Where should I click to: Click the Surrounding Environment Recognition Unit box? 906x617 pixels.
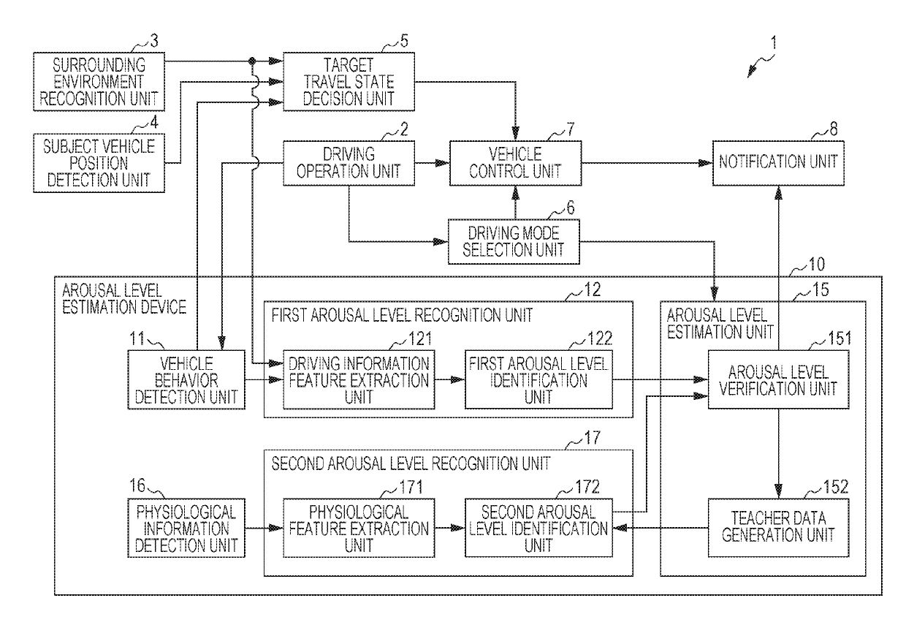pyautogui.click(x=99, y=82)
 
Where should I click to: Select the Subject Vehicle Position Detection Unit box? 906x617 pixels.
pyautogui.click(x=99, y=163)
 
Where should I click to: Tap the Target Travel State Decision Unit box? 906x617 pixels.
pyautogui.click(x=349, y=82)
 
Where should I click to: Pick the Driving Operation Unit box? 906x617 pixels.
pyautogui.click(x=349, y=163)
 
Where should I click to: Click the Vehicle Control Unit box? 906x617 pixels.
pyautogui.click(x=516, y=163)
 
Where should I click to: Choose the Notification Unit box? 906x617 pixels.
pyautogui.click(x=778, y=163)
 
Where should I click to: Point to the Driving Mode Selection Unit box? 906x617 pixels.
pyautogui.click(x=514, y=241)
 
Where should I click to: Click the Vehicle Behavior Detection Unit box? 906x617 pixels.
pyautogui.click(x=186, y=380)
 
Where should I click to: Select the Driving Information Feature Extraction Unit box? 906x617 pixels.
pyautogui.click(x=359, y=380)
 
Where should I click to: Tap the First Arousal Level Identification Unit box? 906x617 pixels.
pyautogui.click(x=538, y=380)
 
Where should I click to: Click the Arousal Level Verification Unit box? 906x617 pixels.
pyautogui.click(x=778, y=380)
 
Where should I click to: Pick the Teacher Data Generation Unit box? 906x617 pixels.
pyautogui.click(x=778, y=528)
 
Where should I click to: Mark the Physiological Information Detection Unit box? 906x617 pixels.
pyautogui.click(x=186, y=528)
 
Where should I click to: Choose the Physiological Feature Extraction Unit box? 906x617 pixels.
pyautogui.click(x=359, y=528)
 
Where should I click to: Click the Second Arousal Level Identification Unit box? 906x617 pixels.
pyautogui.click(x=538, y=528)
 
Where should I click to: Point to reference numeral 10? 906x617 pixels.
pyautogui.click(x=817, y=265)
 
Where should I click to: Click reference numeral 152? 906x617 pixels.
pyautogui.click(x=836, y=487)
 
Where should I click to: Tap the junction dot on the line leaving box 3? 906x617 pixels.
pyautogui.click(x=252, y=61)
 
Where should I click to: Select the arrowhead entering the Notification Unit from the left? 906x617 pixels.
pyautogui.click(x=706, y=163)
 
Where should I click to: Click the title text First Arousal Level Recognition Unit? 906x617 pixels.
pyautogui.click(x=402, y=315)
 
